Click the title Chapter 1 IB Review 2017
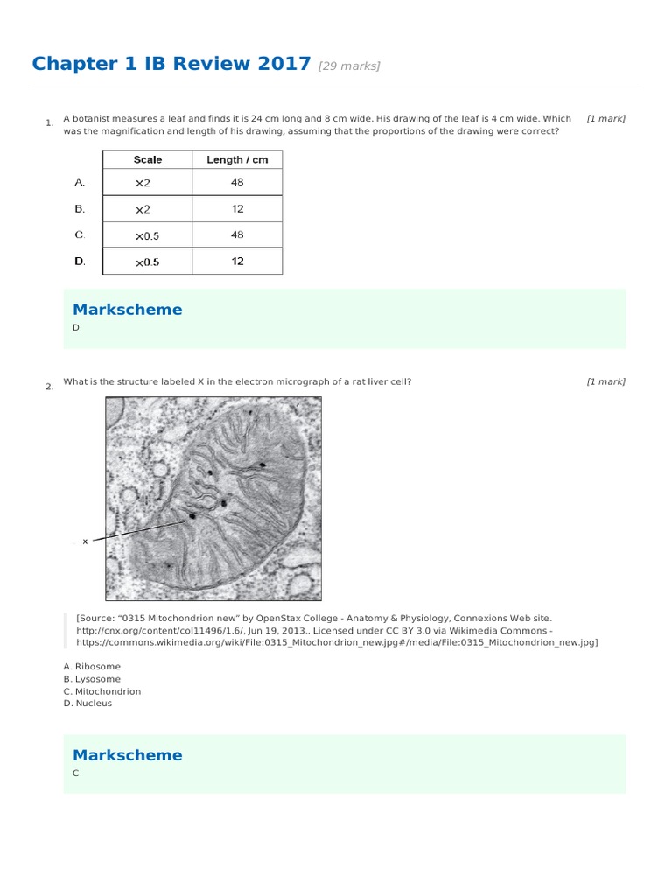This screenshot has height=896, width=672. [x=171, y=64]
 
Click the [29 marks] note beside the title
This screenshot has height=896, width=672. [x=349, y=66]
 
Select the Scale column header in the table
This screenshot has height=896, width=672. [x=147, y=160]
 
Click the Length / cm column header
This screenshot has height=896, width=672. [x=237, y=160]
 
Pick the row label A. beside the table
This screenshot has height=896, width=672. [x=80, y=183]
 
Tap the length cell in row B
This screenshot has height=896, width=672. [x=237, y=209]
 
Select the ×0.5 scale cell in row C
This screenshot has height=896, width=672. [x=147, y=235]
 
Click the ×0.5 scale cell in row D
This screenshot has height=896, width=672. [x=147, y=262]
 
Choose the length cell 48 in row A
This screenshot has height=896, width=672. [x=237, y=183]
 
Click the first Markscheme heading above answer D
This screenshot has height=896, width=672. [x=128, y=310]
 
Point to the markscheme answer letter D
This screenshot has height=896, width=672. [x=76, y=327]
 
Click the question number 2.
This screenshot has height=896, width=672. [x=50, y=387]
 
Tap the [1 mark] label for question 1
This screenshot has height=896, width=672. [x=605, y=118]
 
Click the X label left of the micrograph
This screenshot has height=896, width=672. [x=85, y=542]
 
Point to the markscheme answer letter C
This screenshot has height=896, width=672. [x=76, y=773]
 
